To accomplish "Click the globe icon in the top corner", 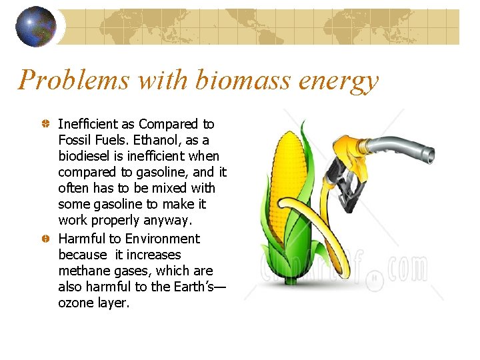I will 35,27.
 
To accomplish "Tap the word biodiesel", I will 88,156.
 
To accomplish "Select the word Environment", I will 163,239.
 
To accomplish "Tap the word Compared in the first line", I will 169,124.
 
